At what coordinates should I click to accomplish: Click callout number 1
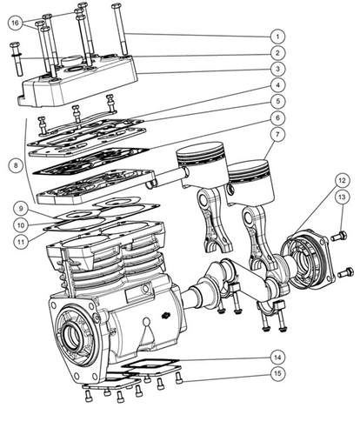(277, 37)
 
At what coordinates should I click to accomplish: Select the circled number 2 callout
(277, 53)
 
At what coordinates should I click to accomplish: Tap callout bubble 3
(277, 69)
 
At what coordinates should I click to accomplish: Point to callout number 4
(277, 85)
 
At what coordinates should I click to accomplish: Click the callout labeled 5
(277, 101)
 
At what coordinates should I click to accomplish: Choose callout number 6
(277, 117)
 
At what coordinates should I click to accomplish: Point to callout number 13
(342, 197)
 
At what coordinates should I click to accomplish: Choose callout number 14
(277, 358)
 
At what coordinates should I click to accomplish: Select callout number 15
(277, 375)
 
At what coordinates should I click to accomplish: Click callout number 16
(15, 23)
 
